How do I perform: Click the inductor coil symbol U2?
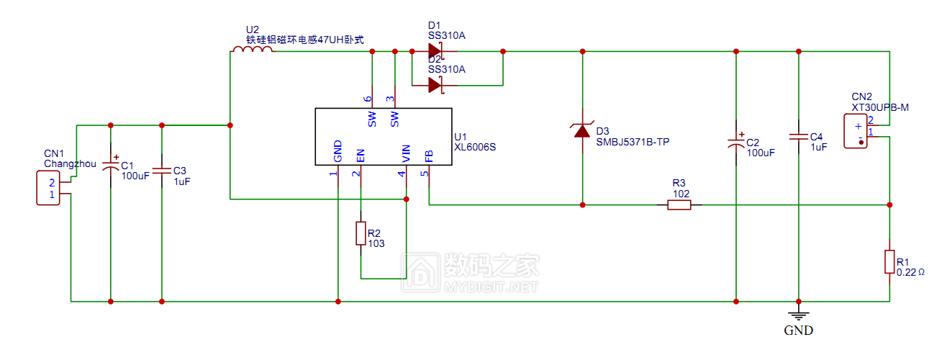(252, 50)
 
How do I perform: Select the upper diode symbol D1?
(435, 51)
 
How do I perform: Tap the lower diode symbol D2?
(435, 85)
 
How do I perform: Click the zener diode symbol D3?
(581, 131)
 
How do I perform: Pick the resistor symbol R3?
(679, 204)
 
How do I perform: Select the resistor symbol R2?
(361, 234)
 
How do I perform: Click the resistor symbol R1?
(889, 261)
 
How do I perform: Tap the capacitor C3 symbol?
(161, 171)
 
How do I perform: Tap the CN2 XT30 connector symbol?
(858, 131)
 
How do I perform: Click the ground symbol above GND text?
(798, 313)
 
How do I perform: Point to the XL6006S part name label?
(474, 147)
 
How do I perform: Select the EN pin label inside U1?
(361, 155)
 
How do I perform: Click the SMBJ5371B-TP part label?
(633, 142)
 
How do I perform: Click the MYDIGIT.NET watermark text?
(492, 287)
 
